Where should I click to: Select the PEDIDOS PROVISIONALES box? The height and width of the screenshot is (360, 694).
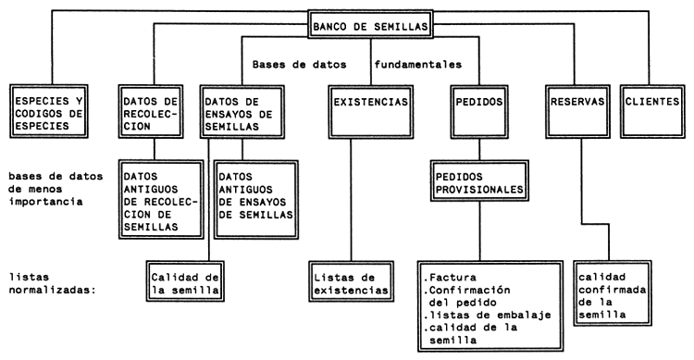[478, 180]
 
